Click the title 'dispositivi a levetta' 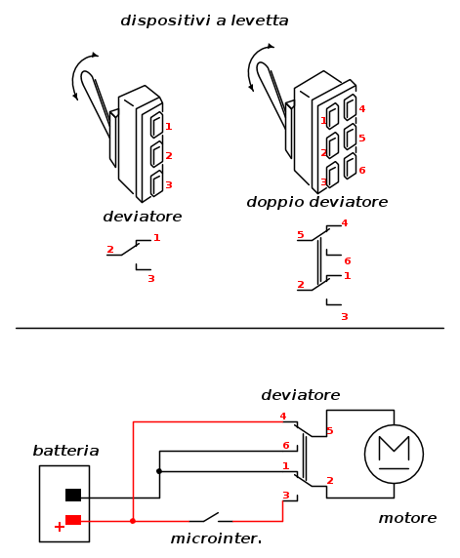[204, 20]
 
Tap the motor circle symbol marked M [394, 454]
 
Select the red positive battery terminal [73, 520]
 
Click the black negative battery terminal [73, 495]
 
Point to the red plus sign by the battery [60, 527]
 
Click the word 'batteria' [65, 451]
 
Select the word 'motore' [407, 518]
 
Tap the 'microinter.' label [216, 538]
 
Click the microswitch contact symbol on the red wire [211, 518]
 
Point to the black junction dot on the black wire [159, 471]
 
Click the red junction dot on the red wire [133, 521]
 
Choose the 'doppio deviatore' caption [317, 202]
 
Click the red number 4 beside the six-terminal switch [362, 109]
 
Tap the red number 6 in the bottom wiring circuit [286, 445]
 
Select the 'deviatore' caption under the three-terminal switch [143, 217]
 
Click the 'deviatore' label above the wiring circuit [301, 395]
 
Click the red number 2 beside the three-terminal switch [169, 155]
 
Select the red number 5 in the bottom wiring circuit [330, 431]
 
